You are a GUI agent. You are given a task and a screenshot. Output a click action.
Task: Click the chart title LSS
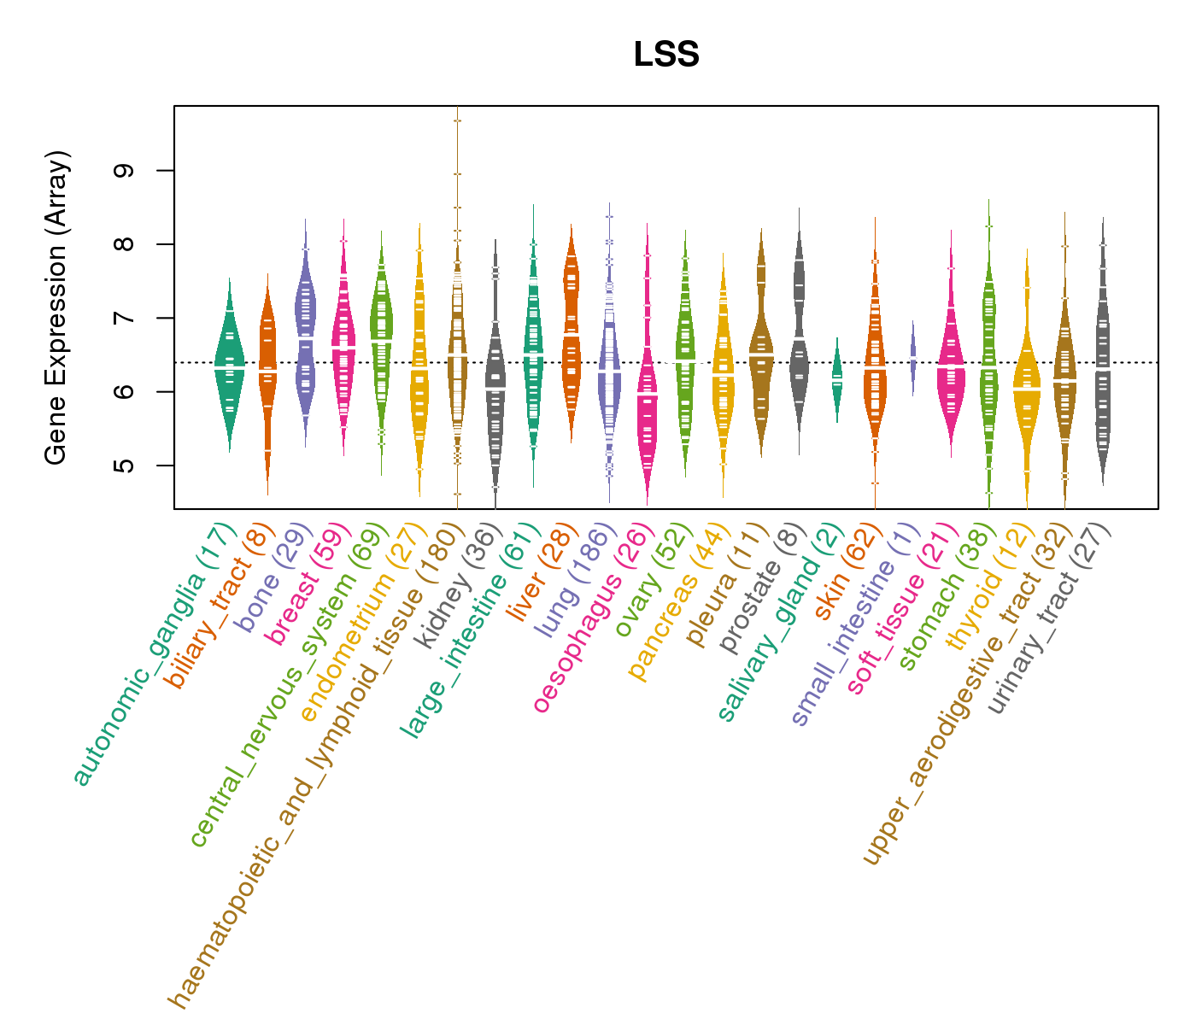click(666, 55)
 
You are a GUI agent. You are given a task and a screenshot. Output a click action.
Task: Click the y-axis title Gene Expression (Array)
click(56, 307)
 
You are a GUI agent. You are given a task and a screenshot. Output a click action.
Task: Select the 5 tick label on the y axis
click(123, 466)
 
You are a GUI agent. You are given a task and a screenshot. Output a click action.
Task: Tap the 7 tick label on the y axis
click(123, 318)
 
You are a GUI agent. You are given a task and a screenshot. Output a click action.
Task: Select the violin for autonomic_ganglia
click(229, 367)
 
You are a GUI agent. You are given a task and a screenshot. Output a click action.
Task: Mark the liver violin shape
click(571, 333)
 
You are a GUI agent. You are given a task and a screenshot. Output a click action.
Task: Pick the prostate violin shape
click(799, 325)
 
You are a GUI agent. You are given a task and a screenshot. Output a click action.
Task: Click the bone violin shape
click(305, 333)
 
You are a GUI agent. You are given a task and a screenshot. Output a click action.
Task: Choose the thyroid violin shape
click(1026, 384)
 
